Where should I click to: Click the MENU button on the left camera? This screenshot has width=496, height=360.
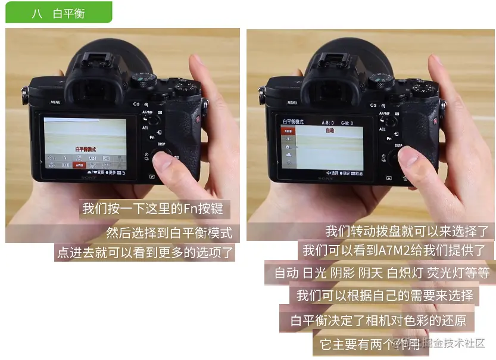pos(55,102)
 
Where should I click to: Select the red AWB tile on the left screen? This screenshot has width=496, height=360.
pos(79,165)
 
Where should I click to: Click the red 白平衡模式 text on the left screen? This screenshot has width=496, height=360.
pos(86,149)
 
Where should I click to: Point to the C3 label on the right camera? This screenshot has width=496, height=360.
pos(374,105)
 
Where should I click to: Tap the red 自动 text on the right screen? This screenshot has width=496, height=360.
pos(329,130)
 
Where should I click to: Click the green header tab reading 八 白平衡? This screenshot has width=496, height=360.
pos(58,12)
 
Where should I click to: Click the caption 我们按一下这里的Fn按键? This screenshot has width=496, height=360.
pos(153,209)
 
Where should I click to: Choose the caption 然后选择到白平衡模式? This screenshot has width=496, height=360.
pos(169,232)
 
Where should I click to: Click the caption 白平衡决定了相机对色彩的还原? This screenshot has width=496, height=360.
pos(378,321)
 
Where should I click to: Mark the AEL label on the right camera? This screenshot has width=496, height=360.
pos(382,128)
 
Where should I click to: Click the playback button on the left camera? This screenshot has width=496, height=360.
pos(152,176)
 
